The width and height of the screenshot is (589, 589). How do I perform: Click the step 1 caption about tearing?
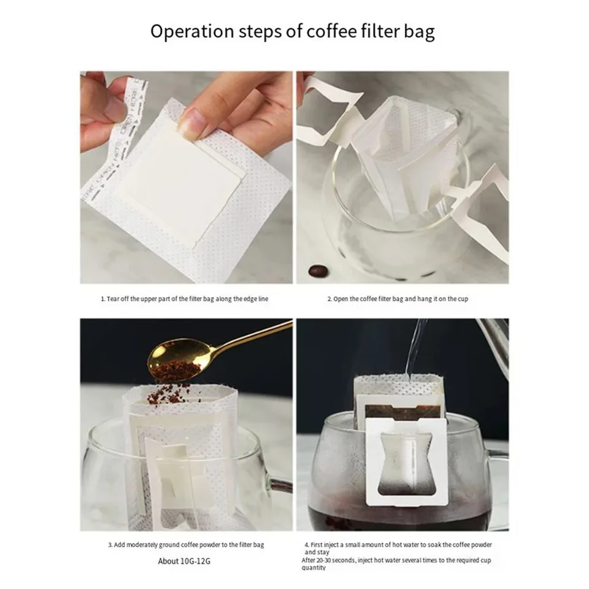(184, 299)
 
